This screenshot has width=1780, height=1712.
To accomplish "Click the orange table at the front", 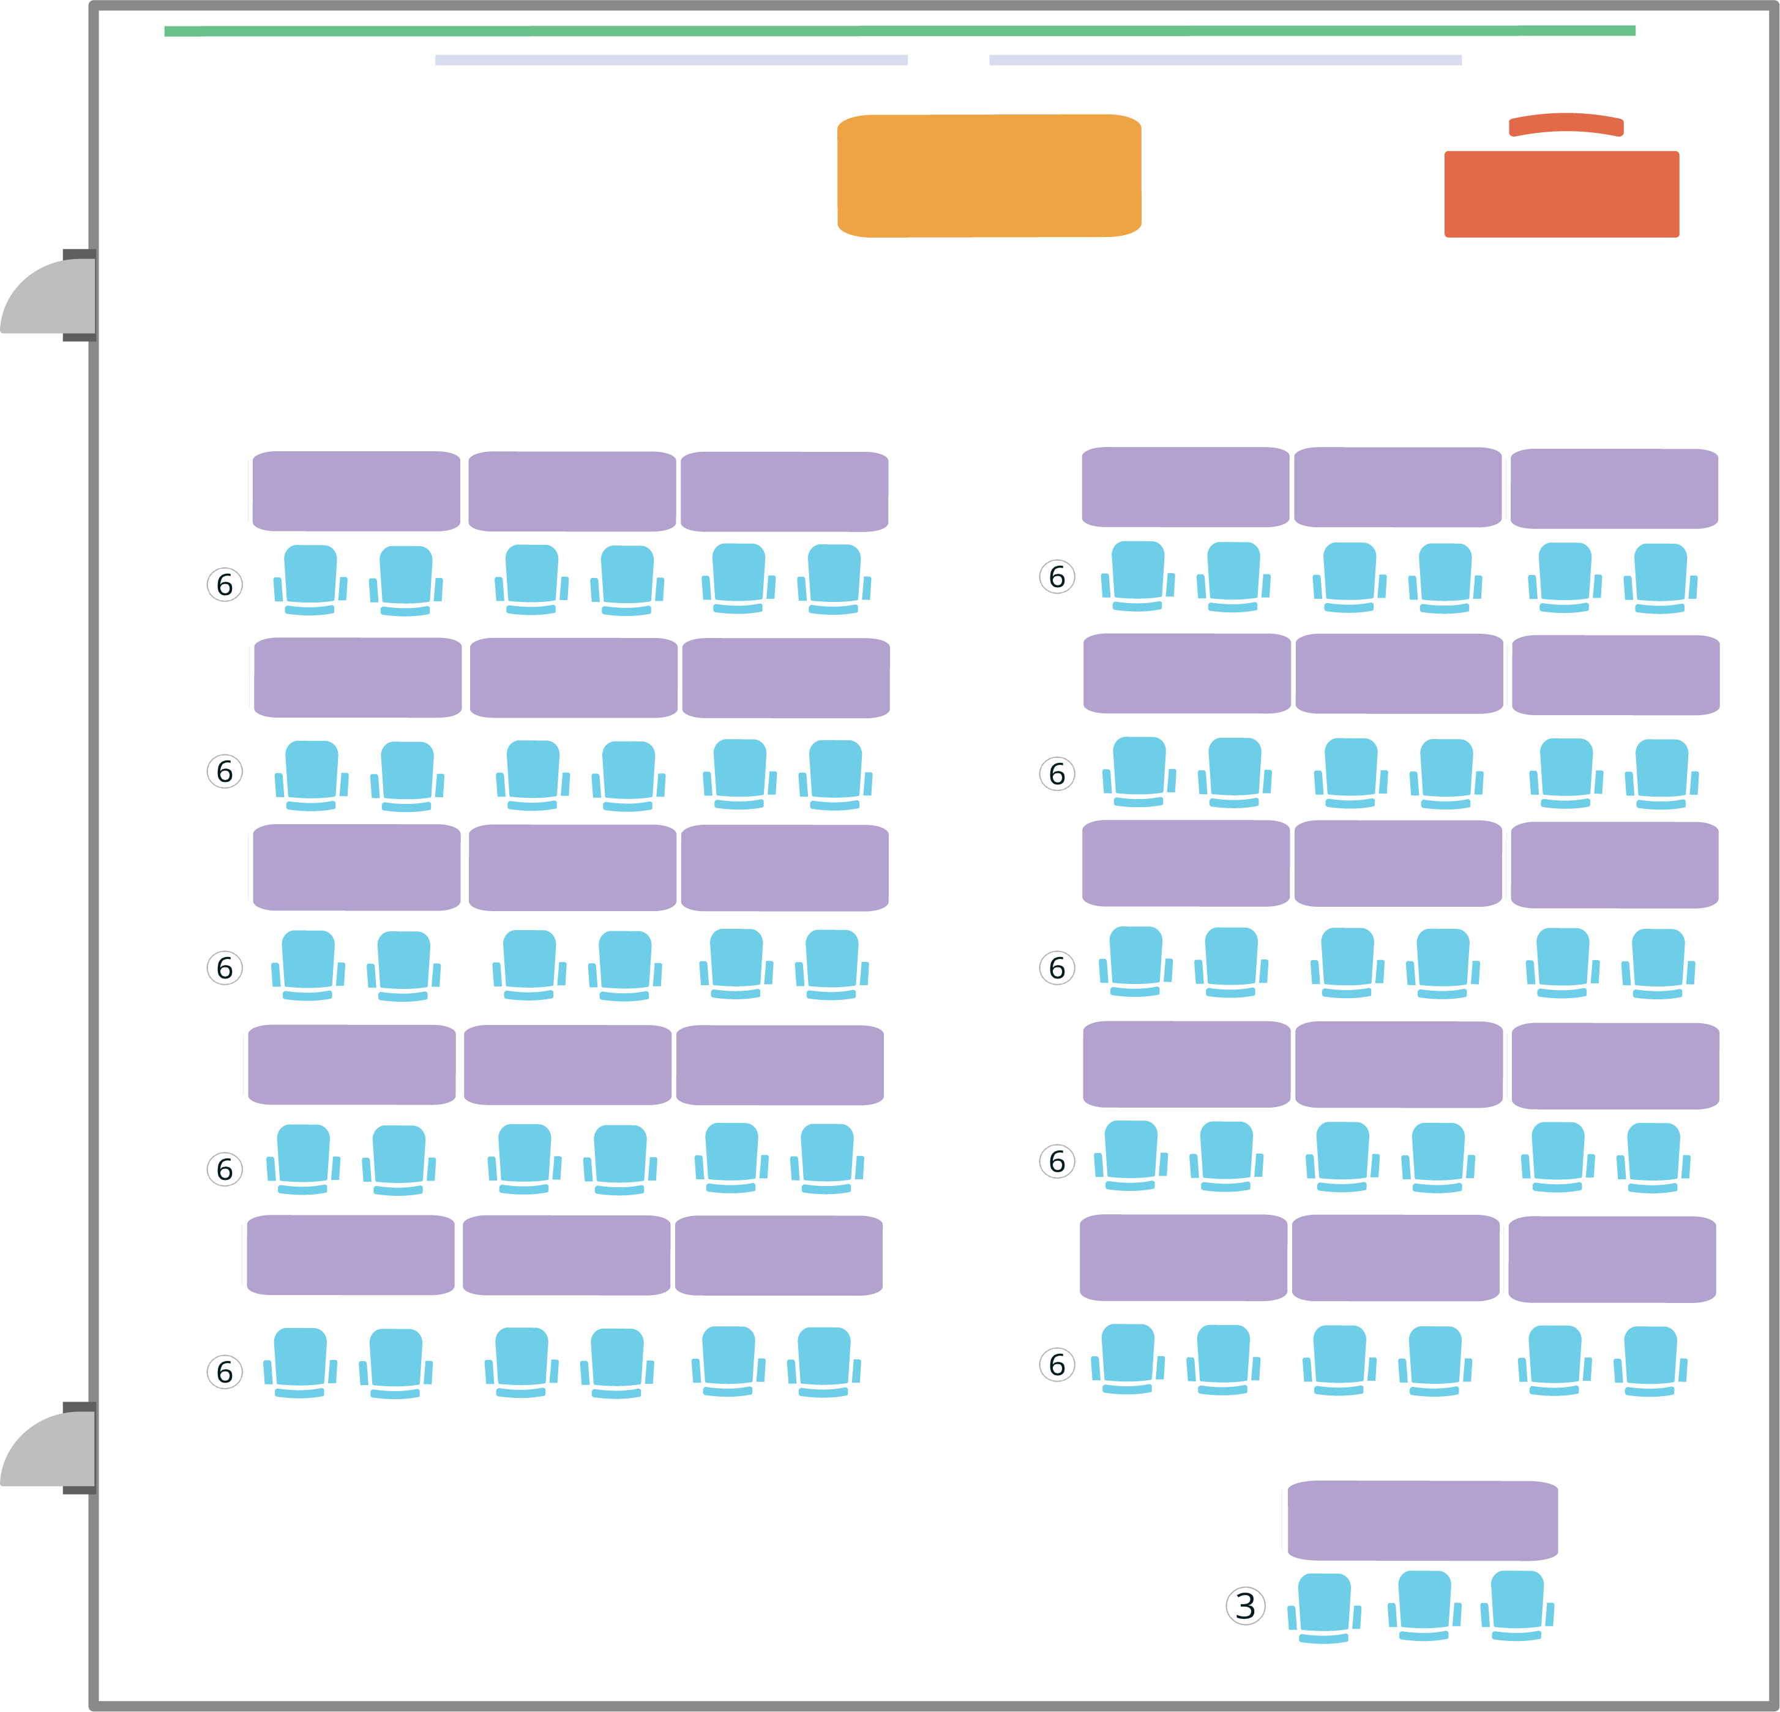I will pyautogui.click(x=989, y=176).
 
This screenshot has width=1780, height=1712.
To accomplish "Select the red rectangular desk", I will pyautogui.click(x=1561, y=194).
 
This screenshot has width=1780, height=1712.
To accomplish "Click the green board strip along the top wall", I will pyautogui.click(x=899, y=31).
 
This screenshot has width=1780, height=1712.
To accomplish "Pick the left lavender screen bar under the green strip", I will pyautogui.click(x=671, y=60).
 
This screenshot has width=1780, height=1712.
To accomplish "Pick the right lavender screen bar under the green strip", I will pyautogui.click(x=1225, y=60).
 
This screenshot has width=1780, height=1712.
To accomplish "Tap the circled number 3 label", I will pyautogui.click(x=1245, y=1605).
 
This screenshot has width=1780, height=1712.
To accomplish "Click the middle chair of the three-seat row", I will pyautogui.click(x=1424, y=1605).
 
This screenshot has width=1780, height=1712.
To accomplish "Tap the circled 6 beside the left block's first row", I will pyautogui.click(x=224, y=584).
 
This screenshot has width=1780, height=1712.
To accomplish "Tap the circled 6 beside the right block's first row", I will pyautogui.click(x=1056, y=577).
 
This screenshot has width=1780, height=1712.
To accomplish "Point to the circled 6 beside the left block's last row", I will pyautogui.click(x=224, y=1372).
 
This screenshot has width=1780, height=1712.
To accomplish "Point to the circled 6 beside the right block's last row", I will pyautogui.click(x=1056, y=1364).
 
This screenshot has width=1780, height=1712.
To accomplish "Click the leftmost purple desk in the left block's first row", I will pyautogui.click(x=356, y=491).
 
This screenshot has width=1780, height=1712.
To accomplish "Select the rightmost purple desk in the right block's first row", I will pyautogui.click(x=1614, y=489).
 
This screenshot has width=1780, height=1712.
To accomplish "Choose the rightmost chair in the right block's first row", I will pyautogui.click(x=1660, y=577).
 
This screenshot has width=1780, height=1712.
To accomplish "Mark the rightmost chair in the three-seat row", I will pyautogui.click(x=1517, y=1605).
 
